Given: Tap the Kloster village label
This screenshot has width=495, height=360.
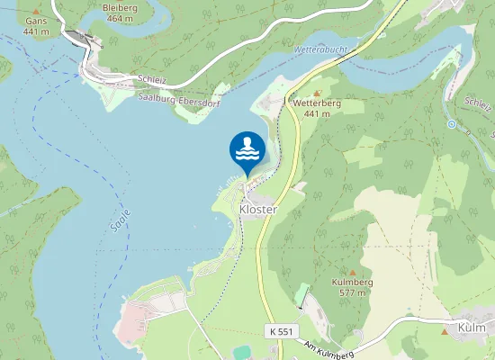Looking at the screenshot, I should [x=257, y=209].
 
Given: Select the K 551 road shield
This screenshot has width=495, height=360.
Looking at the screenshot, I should [x=280, y=331].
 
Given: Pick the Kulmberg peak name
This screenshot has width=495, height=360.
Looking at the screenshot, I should [x=352, y=282].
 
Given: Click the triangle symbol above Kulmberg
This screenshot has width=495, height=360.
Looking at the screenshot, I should [x=352, y=271].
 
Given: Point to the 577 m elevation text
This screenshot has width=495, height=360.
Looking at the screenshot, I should [x=352, y=292].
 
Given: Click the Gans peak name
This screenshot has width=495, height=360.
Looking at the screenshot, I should [x=36, y=21].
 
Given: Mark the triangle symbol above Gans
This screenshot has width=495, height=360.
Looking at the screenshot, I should [x=36, y=10].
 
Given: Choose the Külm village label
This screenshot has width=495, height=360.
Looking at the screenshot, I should [x=472, y=327].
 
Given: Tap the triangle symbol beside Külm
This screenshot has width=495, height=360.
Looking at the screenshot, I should [x=445, y=330].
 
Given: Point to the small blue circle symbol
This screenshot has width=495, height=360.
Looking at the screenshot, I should [x=451, y=124].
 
